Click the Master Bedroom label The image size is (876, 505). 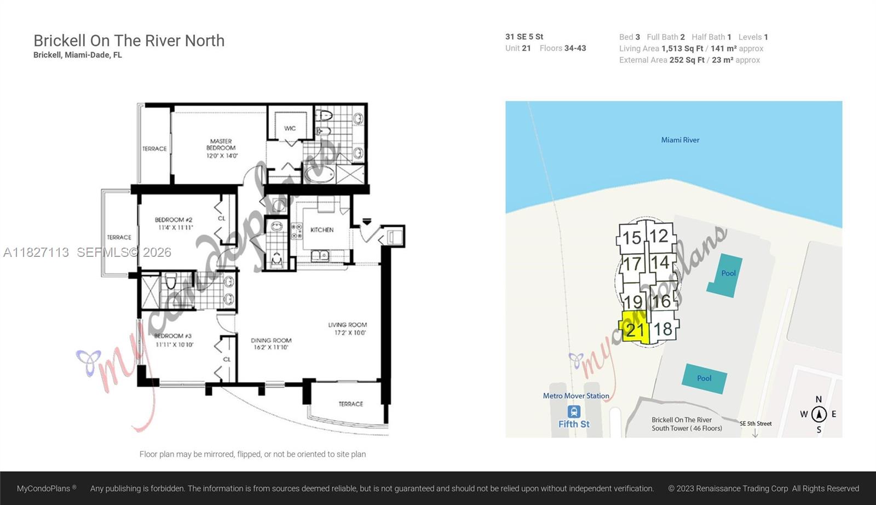click(221, 148)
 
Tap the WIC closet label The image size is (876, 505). click(290, 128)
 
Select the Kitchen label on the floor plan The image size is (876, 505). click(322, 230)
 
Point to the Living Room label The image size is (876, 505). click(347, 329)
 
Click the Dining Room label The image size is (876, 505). click(271, 343)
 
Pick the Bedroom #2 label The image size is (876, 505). click(174, 223)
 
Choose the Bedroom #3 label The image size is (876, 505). click(174, 340)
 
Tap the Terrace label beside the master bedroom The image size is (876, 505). click(154, 149)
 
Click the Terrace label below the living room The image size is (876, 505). click(350, 404)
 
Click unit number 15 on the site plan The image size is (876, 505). click(632, 238)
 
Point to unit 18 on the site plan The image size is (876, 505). click(663, 329)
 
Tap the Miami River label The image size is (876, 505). click(680, 140)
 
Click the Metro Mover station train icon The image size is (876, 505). click(574, 411)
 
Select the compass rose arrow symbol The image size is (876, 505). click(819, 415)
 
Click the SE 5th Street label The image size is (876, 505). click(756, 423)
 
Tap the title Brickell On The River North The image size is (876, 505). click(129, 41)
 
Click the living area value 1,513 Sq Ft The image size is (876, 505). click(682, 49)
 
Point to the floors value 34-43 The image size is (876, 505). click(575, 48)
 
